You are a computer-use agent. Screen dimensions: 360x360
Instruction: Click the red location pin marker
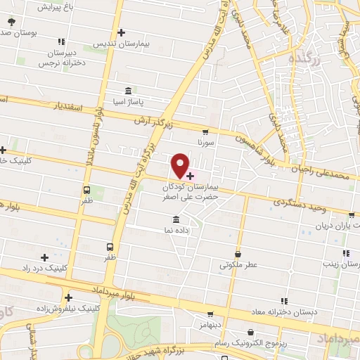tap(181, 165)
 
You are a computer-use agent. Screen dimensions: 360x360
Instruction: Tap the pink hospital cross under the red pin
tap(191, 173)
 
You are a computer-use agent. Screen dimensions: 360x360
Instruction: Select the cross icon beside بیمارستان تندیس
tap(122, 32)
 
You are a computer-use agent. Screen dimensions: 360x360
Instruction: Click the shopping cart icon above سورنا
tap(205, 131)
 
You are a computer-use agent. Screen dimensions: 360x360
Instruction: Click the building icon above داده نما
tap(176, 219)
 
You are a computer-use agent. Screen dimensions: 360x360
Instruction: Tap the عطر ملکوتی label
tap(239, 265)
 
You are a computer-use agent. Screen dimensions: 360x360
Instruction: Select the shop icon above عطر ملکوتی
tap(238, 254)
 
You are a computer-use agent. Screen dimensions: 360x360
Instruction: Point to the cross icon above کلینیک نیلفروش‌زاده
tap(68, 297)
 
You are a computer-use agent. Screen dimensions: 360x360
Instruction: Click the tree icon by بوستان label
tap(11, 22)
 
